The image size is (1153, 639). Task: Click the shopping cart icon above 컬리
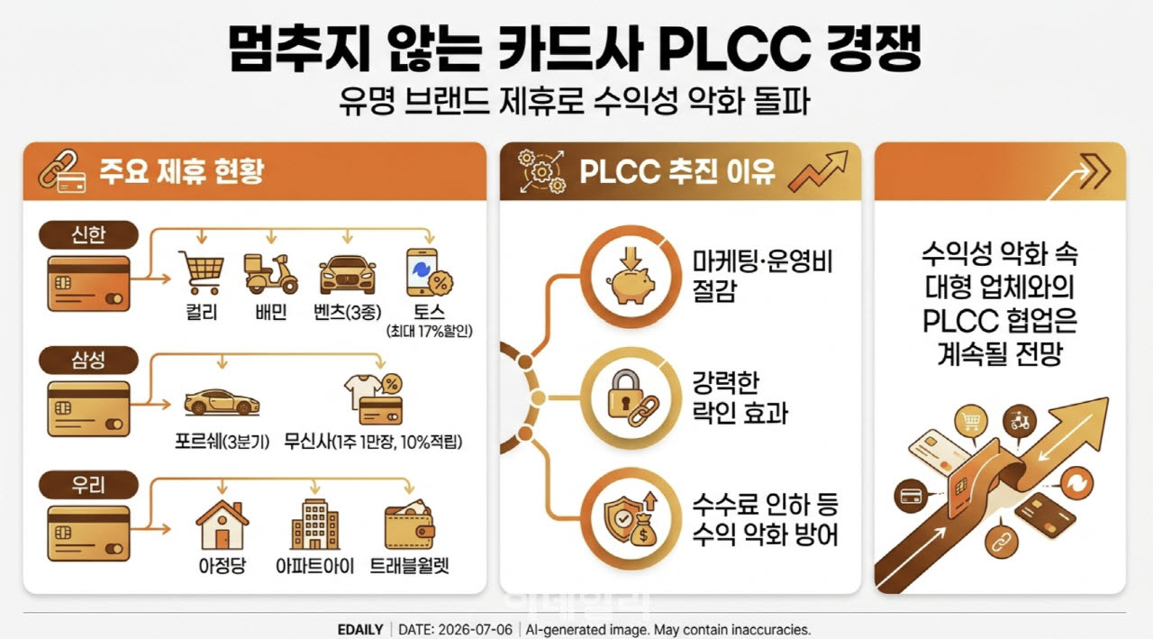click(201, 272)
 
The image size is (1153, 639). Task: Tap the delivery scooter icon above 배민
click(271, 273)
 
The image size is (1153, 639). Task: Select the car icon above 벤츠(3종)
click(348, 275)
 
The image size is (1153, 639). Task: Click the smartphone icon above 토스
click(429, 272)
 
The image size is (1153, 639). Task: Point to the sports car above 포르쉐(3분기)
click(222, 402)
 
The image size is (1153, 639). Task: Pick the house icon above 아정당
click(222, 525)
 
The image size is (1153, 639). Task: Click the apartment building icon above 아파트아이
click(314, 525)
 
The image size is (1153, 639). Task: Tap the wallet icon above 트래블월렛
click(409, 525)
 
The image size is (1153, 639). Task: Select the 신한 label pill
click(88, 235)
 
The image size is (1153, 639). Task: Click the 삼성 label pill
click(88, 360)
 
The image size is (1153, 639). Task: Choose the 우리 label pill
click(88, 485)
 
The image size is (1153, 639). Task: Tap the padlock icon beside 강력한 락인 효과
click(632, 398)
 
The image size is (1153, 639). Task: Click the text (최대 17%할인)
click(430, 331)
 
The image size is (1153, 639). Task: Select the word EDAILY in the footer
click(360, 630)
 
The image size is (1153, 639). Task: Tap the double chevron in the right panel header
click(1094, 171)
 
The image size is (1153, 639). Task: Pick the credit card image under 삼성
click(88, 409)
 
